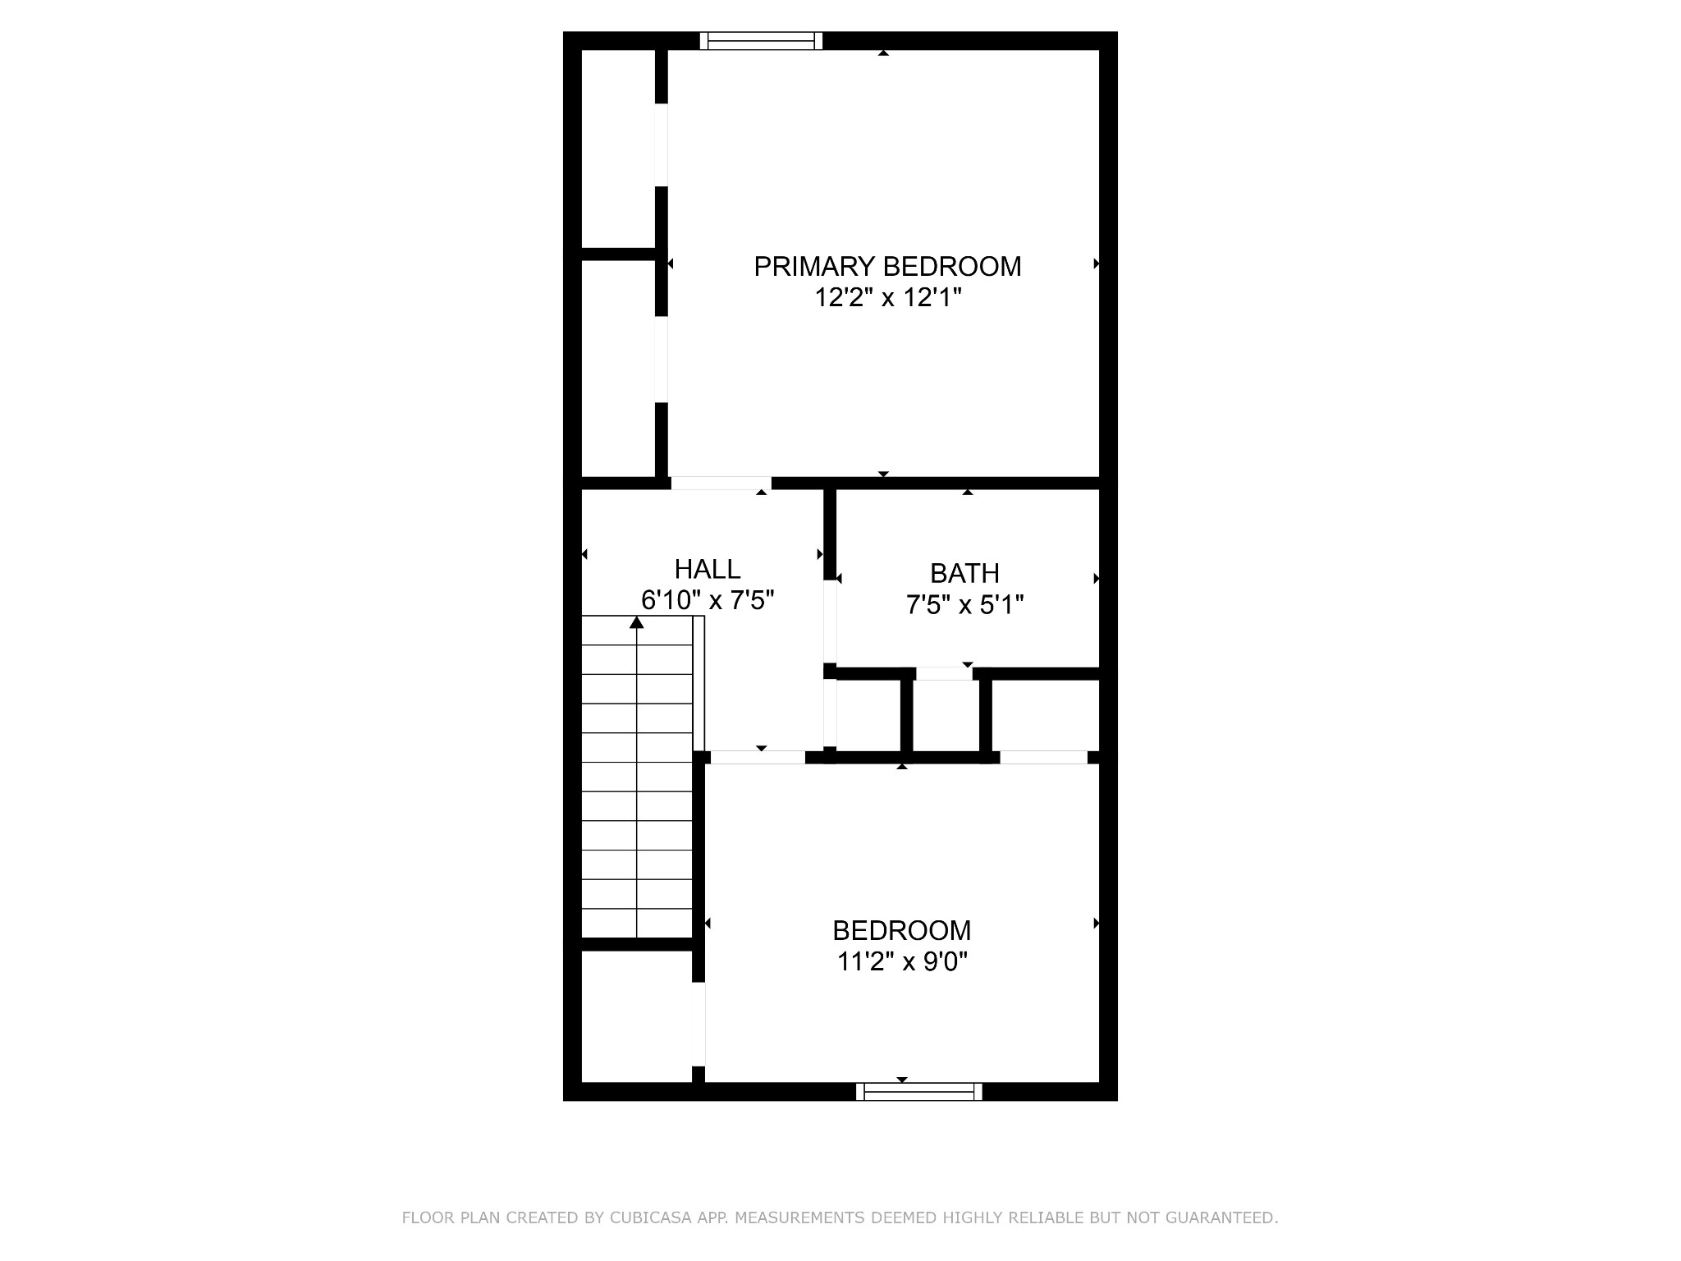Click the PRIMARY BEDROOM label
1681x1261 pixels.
pos(887,267)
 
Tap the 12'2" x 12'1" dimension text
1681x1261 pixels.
pos(887,297)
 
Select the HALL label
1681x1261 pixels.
pos(708,569)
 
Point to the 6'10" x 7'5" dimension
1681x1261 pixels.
pos(708,600)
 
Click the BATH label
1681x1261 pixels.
pos(964,573)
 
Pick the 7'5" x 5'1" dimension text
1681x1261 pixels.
pos(964,605)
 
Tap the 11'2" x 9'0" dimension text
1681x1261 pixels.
pos(902,961)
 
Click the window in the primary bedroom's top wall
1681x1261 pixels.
pos(761,41)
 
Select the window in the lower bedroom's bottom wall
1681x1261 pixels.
pos(919,1091)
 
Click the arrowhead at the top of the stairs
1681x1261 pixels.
pos(636,622)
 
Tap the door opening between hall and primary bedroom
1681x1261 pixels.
pos(721,483)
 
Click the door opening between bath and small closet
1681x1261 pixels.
pos(944,674)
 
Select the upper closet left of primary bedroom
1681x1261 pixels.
pos(618,149)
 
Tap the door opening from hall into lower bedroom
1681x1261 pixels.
pos(758,757)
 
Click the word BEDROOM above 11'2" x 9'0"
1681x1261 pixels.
pos(902,930)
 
